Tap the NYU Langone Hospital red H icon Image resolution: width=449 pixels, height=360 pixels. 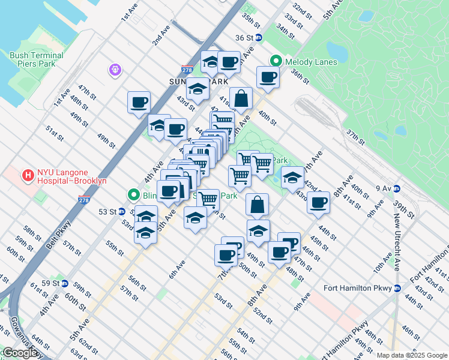coord(27,176)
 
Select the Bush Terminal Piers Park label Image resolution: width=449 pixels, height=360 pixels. coord(37,59)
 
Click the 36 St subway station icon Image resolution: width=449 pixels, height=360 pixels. coord(259,37)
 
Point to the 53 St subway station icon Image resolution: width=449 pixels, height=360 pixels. coord(122,211)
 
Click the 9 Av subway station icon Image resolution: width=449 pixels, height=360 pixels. coord(397,188)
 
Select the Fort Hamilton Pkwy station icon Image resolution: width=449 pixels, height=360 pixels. coord(397,288)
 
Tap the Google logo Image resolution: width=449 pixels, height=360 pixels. coord(20,353)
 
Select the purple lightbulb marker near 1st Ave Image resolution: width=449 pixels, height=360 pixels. coord(115,70)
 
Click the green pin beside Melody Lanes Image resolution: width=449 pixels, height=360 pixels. coord(276,61)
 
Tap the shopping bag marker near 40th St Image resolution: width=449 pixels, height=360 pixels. coord(241,100)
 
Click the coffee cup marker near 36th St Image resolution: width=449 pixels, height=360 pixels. coord(268,77)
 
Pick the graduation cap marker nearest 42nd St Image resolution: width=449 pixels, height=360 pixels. coord(292,178)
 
